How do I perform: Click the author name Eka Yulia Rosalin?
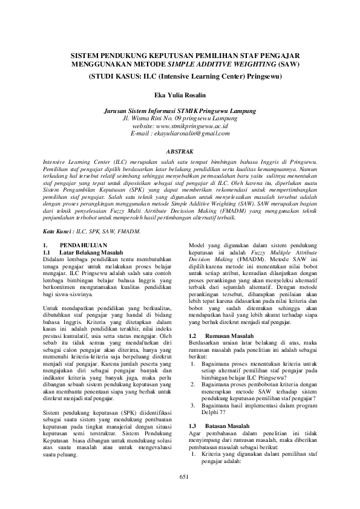click(179, 94)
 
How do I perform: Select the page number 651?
click(180, 494)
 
